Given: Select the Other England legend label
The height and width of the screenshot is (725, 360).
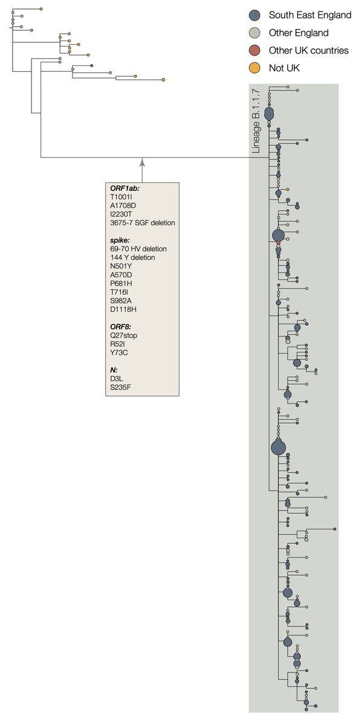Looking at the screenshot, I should (298, 33).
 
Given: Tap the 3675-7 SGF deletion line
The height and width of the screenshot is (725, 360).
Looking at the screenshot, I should (143, 223).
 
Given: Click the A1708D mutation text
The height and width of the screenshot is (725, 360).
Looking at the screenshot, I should (124, 205).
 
